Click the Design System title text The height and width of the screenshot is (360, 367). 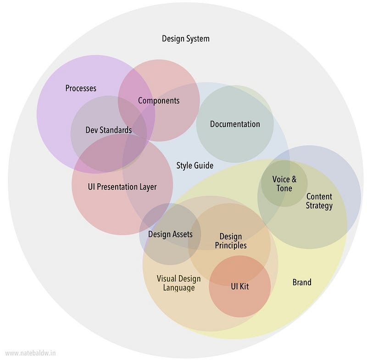(185, 39)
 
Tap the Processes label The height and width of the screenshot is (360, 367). (81, 88)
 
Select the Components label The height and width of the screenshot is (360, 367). (159, 101)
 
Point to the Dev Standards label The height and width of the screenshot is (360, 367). (109, 130)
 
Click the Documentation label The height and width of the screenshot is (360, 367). (235, 124)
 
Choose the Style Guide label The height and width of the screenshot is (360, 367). (195, 165)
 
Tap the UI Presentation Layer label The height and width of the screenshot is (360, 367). (122, 187)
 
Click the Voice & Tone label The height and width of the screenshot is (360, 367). (284, 184)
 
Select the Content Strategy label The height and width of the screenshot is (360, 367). (319, 201)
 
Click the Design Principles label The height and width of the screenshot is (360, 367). (231, 241)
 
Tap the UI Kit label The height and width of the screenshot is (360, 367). (239, 287)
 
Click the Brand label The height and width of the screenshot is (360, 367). (302, 282)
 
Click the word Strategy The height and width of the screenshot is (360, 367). (319, 206)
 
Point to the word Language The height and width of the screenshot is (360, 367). (179, 288)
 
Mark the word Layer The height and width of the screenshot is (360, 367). (147, 187)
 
